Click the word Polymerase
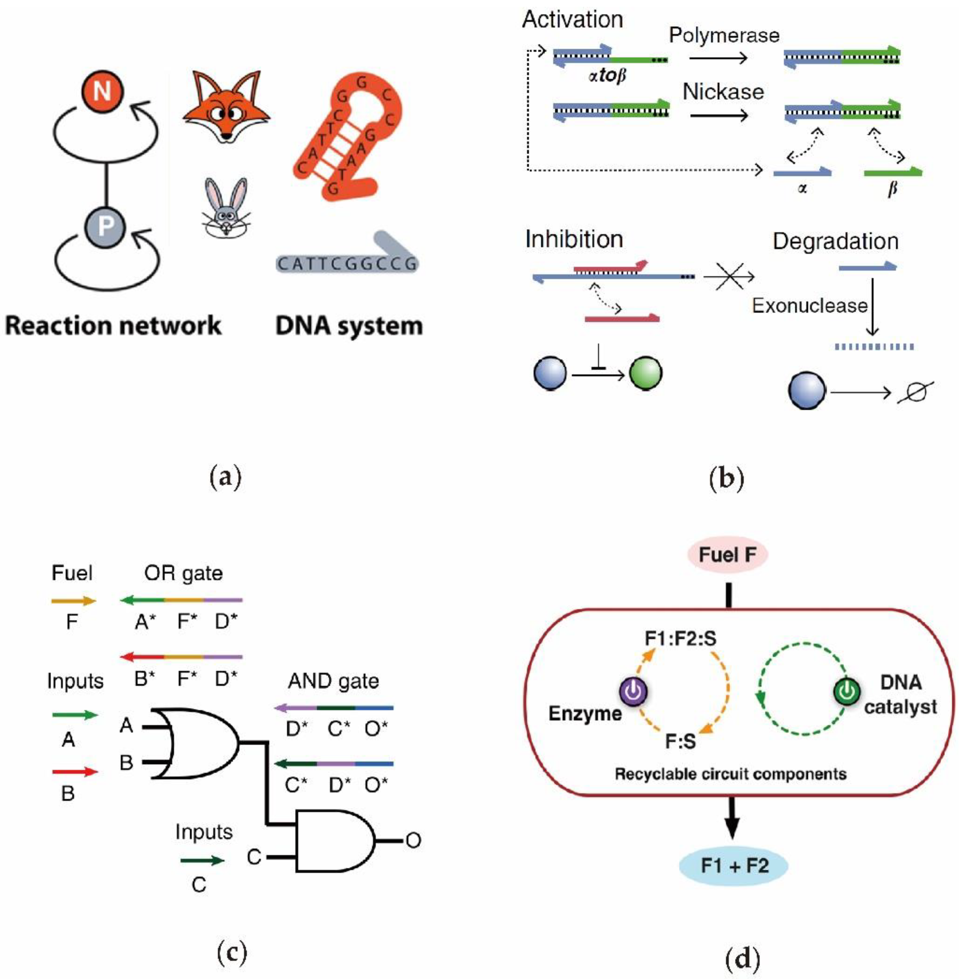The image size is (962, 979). pos(724,35)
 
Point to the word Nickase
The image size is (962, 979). pos(723,92)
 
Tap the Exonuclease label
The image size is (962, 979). pos(809,306)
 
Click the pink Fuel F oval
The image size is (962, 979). pos(727,554)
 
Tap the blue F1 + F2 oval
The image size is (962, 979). pos(733,866)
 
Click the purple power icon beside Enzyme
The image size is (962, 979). pos(634,691)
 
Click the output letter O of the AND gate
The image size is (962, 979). pos(413,841)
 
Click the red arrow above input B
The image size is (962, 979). pos(75,772)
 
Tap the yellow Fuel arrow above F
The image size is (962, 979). pos(73,601)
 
